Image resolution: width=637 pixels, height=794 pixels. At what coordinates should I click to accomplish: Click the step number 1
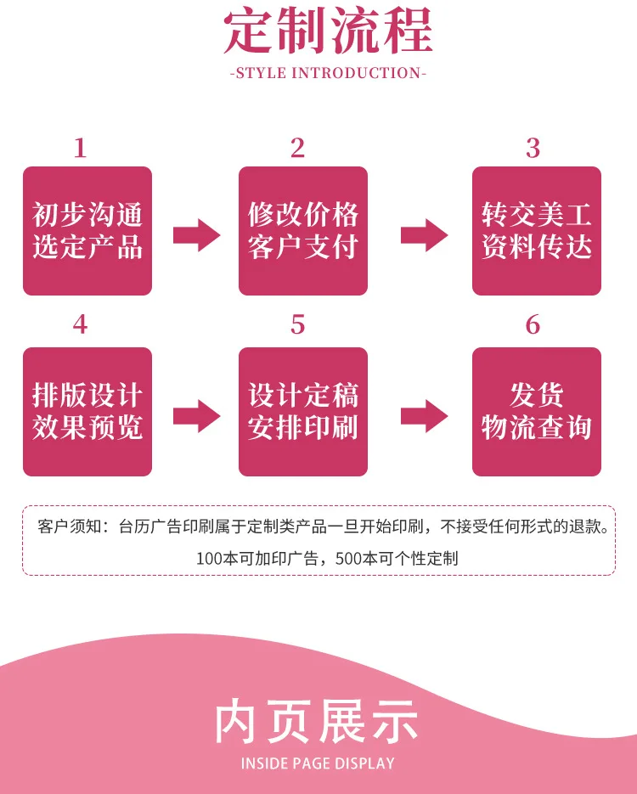(80, 149)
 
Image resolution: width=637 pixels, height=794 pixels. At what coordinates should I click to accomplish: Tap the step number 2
(297, 149)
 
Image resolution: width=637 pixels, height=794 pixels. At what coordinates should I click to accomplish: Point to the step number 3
(533, 149)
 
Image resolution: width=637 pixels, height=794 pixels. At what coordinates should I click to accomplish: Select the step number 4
(80, 324)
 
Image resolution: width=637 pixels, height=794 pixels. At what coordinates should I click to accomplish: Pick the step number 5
(297, 324)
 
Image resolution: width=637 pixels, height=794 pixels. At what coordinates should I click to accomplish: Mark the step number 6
(533, 324)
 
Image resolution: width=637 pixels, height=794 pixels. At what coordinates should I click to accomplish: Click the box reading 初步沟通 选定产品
(87, 231)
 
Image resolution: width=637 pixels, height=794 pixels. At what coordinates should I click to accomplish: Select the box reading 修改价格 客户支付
(303, 231)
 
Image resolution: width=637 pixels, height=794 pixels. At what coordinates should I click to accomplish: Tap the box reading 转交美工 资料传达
(537, 231)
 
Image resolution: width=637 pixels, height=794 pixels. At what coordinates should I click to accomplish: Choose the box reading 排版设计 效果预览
(87, 411)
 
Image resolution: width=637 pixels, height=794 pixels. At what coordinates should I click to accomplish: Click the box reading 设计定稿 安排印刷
(303, 411)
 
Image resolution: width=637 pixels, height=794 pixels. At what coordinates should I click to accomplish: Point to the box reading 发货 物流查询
(537, 411)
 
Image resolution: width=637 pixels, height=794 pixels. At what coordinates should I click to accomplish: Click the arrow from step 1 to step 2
(196, 234)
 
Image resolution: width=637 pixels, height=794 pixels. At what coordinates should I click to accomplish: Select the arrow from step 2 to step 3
(424, 234)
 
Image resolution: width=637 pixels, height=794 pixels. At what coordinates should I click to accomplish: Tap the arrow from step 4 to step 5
(196, 415)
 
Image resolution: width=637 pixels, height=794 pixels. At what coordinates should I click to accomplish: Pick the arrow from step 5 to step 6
(424, 415)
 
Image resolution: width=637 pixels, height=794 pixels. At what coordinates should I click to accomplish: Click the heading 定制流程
(328, 31)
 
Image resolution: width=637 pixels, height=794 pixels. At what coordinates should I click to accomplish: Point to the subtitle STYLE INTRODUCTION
(328, 73)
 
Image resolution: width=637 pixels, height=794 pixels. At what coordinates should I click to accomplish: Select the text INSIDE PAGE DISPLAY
(318, 763)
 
